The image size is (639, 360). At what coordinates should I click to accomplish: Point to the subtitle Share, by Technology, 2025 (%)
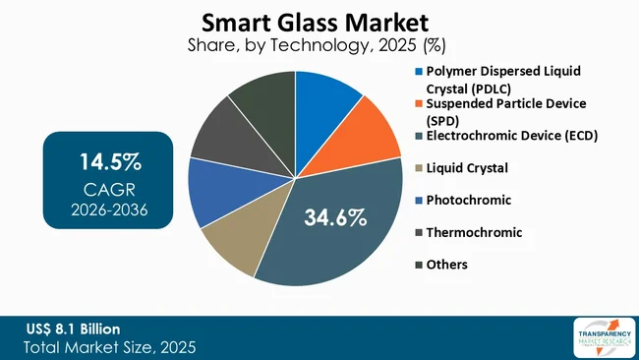[x=296, y=44]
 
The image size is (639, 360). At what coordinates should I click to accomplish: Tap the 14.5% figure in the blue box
[x=108, y=161]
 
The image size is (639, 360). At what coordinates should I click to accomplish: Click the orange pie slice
[x=370, y=128]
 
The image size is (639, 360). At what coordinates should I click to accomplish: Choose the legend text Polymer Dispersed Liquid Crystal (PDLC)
[x=496, y=79]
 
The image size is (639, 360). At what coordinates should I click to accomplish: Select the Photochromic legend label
[x=468, y=200]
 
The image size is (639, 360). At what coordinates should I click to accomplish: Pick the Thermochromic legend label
[x=474, y=232]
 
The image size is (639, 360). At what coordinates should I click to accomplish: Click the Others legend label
[x=447, y=264]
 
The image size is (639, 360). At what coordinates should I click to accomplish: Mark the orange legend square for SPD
[x=419, y=103]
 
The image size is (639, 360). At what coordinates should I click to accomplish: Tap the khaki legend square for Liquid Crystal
[x=419, y=168]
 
